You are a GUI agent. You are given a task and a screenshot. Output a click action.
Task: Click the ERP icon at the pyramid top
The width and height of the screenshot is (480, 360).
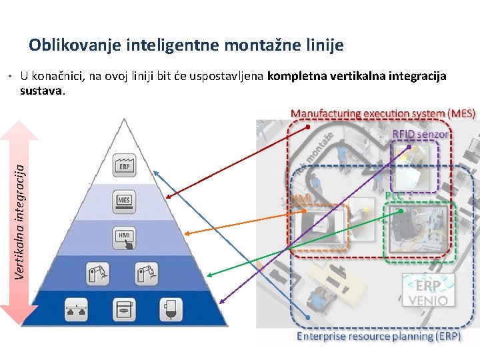[123, 165]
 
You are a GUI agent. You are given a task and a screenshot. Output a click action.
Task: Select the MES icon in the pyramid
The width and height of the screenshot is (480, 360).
[124, 201]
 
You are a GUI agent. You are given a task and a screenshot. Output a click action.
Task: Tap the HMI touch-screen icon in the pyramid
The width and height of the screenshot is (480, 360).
[125, 238]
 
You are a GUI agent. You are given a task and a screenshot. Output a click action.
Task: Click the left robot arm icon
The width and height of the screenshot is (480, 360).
[97, 273]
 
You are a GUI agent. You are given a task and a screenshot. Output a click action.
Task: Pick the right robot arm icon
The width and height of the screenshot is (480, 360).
[146, 273]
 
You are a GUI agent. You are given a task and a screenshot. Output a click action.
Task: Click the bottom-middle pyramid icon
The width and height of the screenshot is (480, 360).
[123, 309]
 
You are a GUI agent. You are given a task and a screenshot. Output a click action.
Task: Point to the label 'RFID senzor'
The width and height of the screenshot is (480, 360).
[420, 135]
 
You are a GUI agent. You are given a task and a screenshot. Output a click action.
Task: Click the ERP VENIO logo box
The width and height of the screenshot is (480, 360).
[427, 291]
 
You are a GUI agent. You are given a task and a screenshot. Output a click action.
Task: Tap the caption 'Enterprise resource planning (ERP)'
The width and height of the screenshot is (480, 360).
[378, 337]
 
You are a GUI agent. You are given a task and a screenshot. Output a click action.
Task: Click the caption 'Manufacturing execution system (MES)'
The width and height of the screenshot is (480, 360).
[383, 113]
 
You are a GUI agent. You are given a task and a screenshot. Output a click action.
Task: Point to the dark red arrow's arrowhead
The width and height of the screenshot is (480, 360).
[167, 197]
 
